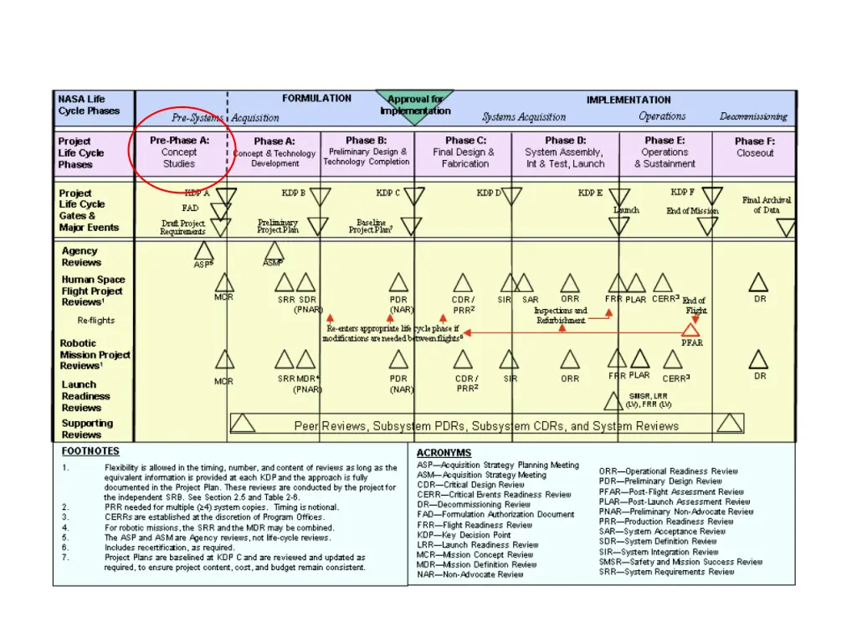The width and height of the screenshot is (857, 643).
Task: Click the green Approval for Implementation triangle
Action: click(415, 105)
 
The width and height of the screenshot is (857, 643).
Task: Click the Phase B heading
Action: click(366, 140)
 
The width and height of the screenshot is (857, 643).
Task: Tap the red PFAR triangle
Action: click(691, 330)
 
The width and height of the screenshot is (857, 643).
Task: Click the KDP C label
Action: click(387, 193)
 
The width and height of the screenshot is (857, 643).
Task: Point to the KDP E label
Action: click(590, 193)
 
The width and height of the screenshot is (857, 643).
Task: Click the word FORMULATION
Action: click(316, 99)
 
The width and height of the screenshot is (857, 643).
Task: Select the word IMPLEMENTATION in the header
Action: click(629, 100)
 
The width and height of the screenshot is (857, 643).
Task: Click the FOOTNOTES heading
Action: click(90, 450)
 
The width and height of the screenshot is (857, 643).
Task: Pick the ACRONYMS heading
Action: click(444, 453)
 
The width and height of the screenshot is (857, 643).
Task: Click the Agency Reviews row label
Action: click(80, 256)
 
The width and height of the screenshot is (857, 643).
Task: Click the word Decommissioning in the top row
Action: click(753, 116)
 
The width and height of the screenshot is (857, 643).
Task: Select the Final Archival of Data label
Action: click(766, 205)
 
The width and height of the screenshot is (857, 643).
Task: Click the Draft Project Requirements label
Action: click(182, 228)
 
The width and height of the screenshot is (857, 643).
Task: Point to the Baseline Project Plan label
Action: click(371, 226)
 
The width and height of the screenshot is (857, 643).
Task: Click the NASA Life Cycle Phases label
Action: click(89, 105)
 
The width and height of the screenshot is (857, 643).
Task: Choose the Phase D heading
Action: click(565, 140)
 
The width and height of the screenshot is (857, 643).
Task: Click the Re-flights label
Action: click(96, 321)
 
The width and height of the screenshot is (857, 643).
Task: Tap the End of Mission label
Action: click(692, 211)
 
